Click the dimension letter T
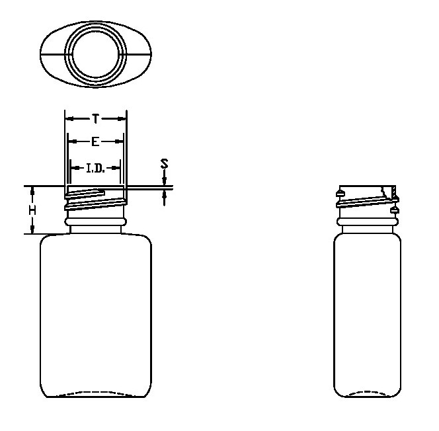(x=95, y=119)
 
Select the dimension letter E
(x=95, y=142)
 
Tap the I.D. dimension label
(x=95, y=168)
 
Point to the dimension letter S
(x=165, y=163)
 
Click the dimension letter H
(x=32, y=210)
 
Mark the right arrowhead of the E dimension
(x=120, y=142)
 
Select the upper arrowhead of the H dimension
(x=32, y=191)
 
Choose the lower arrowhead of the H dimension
(x=32, y=229)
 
